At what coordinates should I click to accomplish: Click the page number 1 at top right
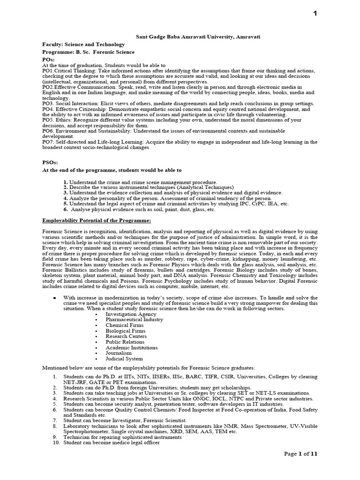click(x=315, y=13)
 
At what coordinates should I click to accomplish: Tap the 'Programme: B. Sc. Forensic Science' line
click(x=88, y=52)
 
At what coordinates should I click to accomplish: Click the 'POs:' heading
click(x=48, y=60)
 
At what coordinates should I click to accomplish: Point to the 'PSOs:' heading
click(x=50, y=162)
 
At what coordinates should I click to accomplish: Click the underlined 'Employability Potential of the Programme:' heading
click(x=97, y=220)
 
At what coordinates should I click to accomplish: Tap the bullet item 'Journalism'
click(x=119, y=353)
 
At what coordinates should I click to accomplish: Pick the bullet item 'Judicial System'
click(x=124, y=359)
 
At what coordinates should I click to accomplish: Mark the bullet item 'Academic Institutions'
click(x=131, y=348)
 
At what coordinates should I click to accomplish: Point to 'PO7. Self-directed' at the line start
click(x=66, y=142)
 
